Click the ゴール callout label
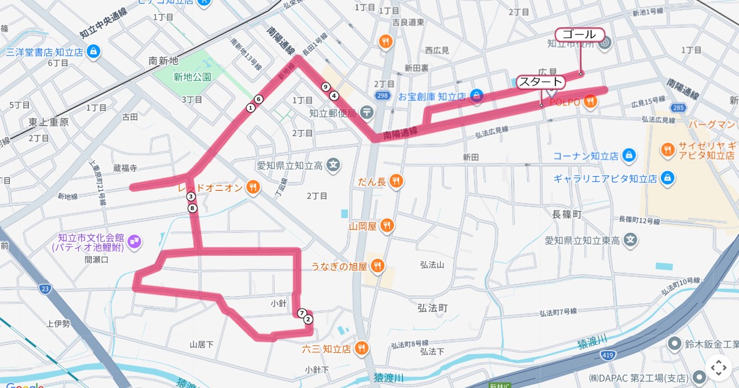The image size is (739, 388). (x=579, y=34)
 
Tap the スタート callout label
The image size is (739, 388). (x=540, y=82)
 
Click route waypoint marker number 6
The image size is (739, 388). (x=259, y=99)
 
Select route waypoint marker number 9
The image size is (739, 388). (x=325, y=87)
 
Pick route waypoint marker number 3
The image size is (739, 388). (x=191, y=196)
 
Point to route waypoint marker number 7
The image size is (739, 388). (x=301, y=313)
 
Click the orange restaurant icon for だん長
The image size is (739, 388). (x=396, y=181)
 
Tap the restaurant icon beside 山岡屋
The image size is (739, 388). (x=387, y=226)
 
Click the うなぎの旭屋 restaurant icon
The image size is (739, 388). (x=378, y=266)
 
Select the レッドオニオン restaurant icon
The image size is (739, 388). (x=252, y=188)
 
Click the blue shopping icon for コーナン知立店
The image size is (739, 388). (x=629, y=155)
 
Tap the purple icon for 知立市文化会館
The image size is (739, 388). (x=135, y=241)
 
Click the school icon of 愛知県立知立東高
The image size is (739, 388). (x=630, y=240)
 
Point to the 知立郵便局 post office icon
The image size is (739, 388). (x=367, y=113)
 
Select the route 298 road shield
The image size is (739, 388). (x=382, y=95)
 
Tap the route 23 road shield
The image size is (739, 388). (x=44, y=288)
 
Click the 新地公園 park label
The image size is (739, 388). (x=192, y=77)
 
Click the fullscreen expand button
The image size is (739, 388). (x=718, y=368)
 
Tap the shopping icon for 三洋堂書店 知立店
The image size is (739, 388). (x=93, y=52)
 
